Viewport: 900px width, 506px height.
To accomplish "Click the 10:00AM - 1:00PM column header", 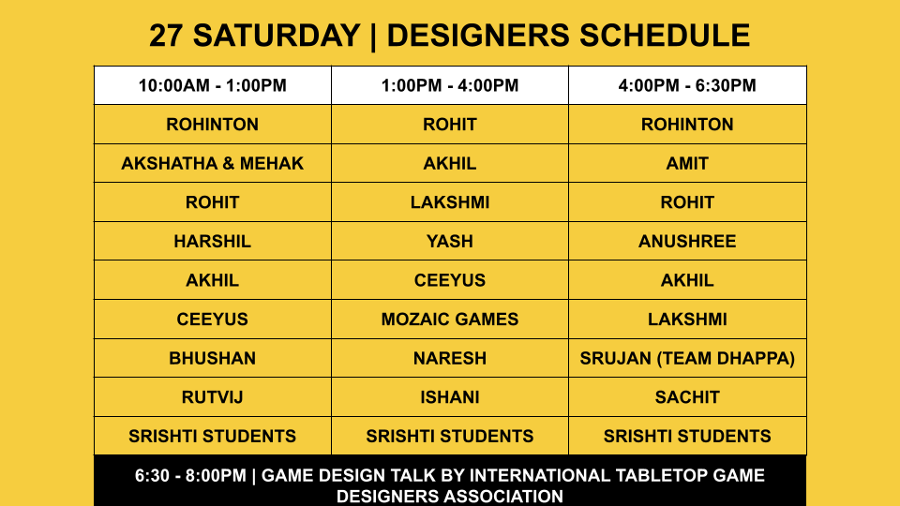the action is [213, 85].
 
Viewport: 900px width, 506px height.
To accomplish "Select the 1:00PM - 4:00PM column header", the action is [450, 85].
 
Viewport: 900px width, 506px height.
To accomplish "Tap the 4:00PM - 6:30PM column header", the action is [687, 85].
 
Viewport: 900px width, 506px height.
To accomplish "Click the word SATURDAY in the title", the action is [277, 36].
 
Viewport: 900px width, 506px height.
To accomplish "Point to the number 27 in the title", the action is [166, 36].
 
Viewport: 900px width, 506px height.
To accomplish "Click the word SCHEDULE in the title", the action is [664, 36].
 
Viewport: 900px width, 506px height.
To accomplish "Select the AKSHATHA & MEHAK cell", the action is [213, 163].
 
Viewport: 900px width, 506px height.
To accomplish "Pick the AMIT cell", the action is [687, 163].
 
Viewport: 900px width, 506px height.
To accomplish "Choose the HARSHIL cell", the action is [213, 242].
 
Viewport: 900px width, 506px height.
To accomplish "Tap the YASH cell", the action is [450, 242].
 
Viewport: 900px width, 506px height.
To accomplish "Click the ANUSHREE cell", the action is [687, 242].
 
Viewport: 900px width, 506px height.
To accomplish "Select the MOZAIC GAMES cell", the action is [450, 320].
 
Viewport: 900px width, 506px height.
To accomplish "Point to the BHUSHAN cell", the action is [213, 359].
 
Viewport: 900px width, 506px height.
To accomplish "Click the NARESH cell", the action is [450, 359].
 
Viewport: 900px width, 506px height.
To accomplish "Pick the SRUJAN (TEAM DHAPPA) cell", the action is [687, 359].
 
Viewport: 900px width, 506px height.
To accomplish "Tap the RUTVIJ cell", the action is [213, 397].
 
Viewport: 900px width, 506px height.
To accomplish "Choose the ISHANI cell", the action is [450, 397].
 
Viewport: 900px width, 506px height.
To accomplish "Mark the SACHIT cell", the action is [687, 397].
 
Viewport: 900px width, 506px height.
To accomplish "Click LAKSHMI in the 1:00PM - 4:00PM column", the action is [450, 202].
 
